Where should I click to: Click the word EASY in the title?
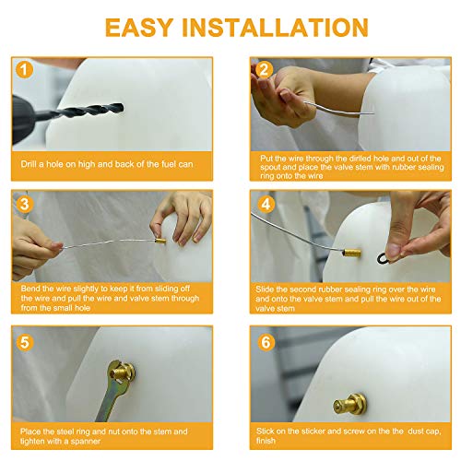pos(139,28)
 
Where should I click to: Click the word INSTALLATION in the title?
pos(275,28)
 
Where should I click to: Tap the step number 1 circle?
pos(24,69)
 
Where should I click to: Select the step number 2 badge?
pos(264,69)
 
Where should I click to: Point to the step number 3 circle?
pos(24,204)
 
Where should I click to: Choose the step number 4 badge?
pos(266,204)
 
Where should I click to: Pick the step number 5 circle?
pos(24,342)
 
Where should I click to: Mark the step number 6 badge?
pos(266,342)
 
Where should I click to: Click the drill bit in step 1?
pos(89,110)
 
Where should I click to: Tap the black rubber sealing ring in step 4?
pos(383,257)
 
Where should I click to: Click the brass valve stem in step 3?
pos(160,240)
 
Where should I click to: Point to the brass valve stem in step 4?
pos(352,253)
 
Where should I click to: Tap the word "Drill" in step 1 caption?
pos(29,164)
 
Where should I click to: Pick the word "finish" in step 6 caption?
pos(266,441)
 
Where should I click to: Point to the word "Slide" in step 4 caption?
pos(265,290)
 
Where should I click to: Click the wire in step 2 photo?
pos(338,110)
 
